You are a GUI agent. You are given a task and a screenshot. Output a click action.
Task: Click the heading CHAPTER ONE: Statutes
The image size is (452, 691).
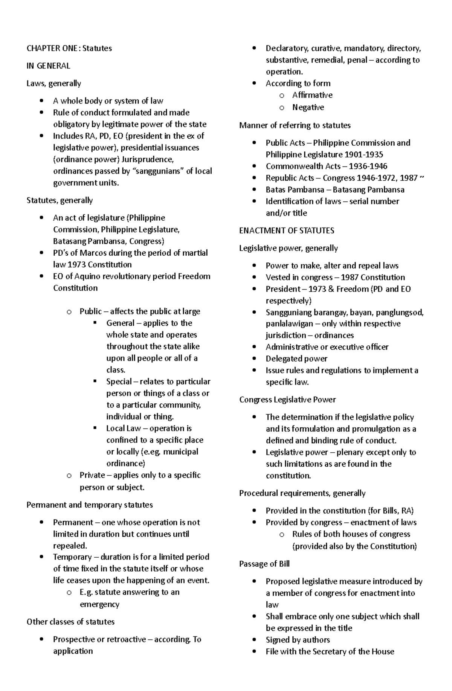click(69, 48)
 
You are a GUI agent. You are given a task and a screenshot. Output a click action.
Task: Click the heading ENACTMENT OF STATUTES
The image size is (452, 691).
click(286, 230)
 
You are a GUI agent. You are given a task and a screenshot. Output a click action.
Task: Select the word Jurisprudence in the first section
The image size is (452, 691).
click(150, 159)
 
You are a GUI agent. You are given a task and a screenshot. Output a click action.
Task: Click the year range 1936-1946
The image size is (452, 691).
click(368, 166)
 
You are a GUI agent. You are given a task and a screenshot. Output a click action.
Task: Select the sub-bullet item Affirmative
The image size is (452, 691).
click(312, 95)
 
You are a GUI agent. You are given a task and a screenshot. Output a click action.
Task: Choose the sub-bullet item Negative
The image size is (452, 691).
click(308, 107)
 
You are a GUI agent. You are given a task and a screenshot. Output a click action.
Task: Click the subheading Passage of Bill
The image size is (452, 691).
click(264, 564)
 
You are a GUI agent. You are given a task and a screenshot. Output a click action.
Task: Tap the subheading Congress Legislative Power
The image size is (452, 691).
click(287, 400)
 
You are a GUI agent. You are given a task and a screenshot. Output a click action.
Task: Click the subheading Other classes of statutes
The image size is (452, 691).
click(70, 622)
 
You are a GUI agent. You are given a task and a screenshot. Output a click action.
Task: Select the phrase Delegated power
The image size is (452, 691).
click(296, 358)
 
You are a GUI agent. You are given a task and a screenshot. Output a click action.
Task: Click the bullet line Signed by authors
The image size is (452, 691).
click(298, 640)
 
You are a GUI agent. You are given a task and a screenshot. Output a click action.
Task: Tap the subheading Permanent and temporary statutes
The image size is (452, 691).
click(90, 505)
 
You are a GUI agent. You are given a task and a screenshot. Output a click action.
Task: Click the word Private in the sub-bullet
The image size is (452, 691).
click(92, 475)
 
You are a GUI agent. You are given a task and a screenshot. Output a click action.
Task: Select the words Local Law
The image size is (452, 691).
click(124, 428)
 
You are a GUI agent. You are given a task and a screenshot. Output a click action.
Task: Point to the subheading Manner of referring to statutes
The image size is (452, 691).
click(295, 125)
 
